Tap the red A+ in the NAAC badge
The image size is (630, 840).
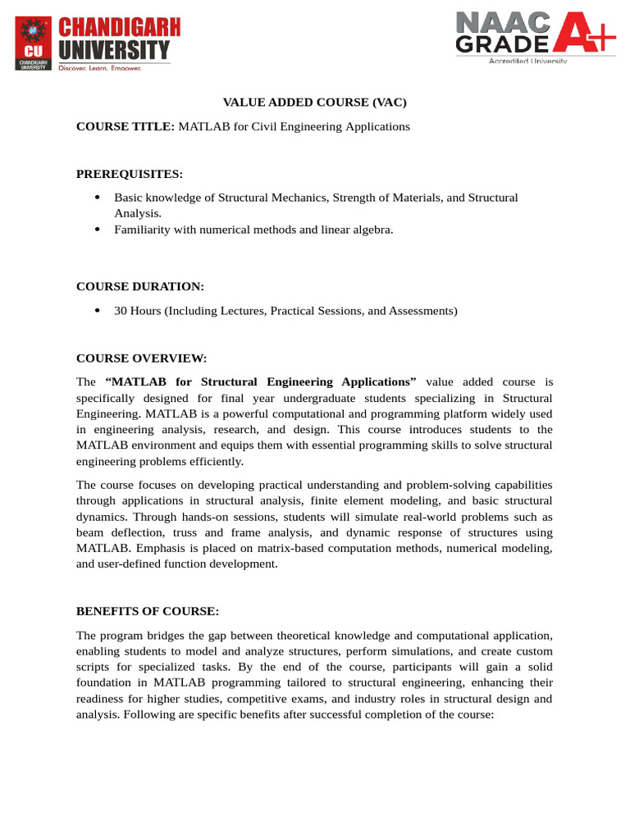pyautogui.click(x=581, y=35)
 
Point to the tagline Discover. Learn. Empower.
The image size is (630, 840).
pyautogui.click(x=100, y=68)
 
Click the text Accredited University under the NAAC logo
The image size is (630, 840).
pyautogui.click(x=527, y=61)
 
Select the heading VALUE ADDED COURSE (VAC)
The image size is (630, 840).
pyautogui.click(x=315, y=103)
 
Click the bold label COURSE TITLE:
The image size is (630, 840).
pyautogui.click(x=126, y=126)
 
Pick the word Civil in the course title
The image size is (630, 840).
pyautogui.click(x=266, y=126)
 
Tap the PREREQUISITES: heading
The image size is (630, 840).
pyautogui.click(x=130, y=174)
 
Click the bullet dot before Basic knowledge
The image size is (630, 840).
pyautogui.click(x=98, y=198)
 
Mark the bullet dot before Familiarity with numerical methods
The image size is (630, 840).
pyautogui.click(x=98, y=230)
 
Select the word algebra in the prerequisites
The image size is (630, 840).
pyautogui.click(x=372, y=230)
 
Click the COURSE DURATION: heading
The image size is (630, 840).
pyautogui.click(x=140, y=286)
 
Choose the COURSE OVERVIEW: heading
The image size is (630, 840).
pyautogui.click(x=141, y=358)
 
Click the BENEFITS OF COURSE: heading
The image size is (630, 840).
pyautogui.click(x=148, y=611)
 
